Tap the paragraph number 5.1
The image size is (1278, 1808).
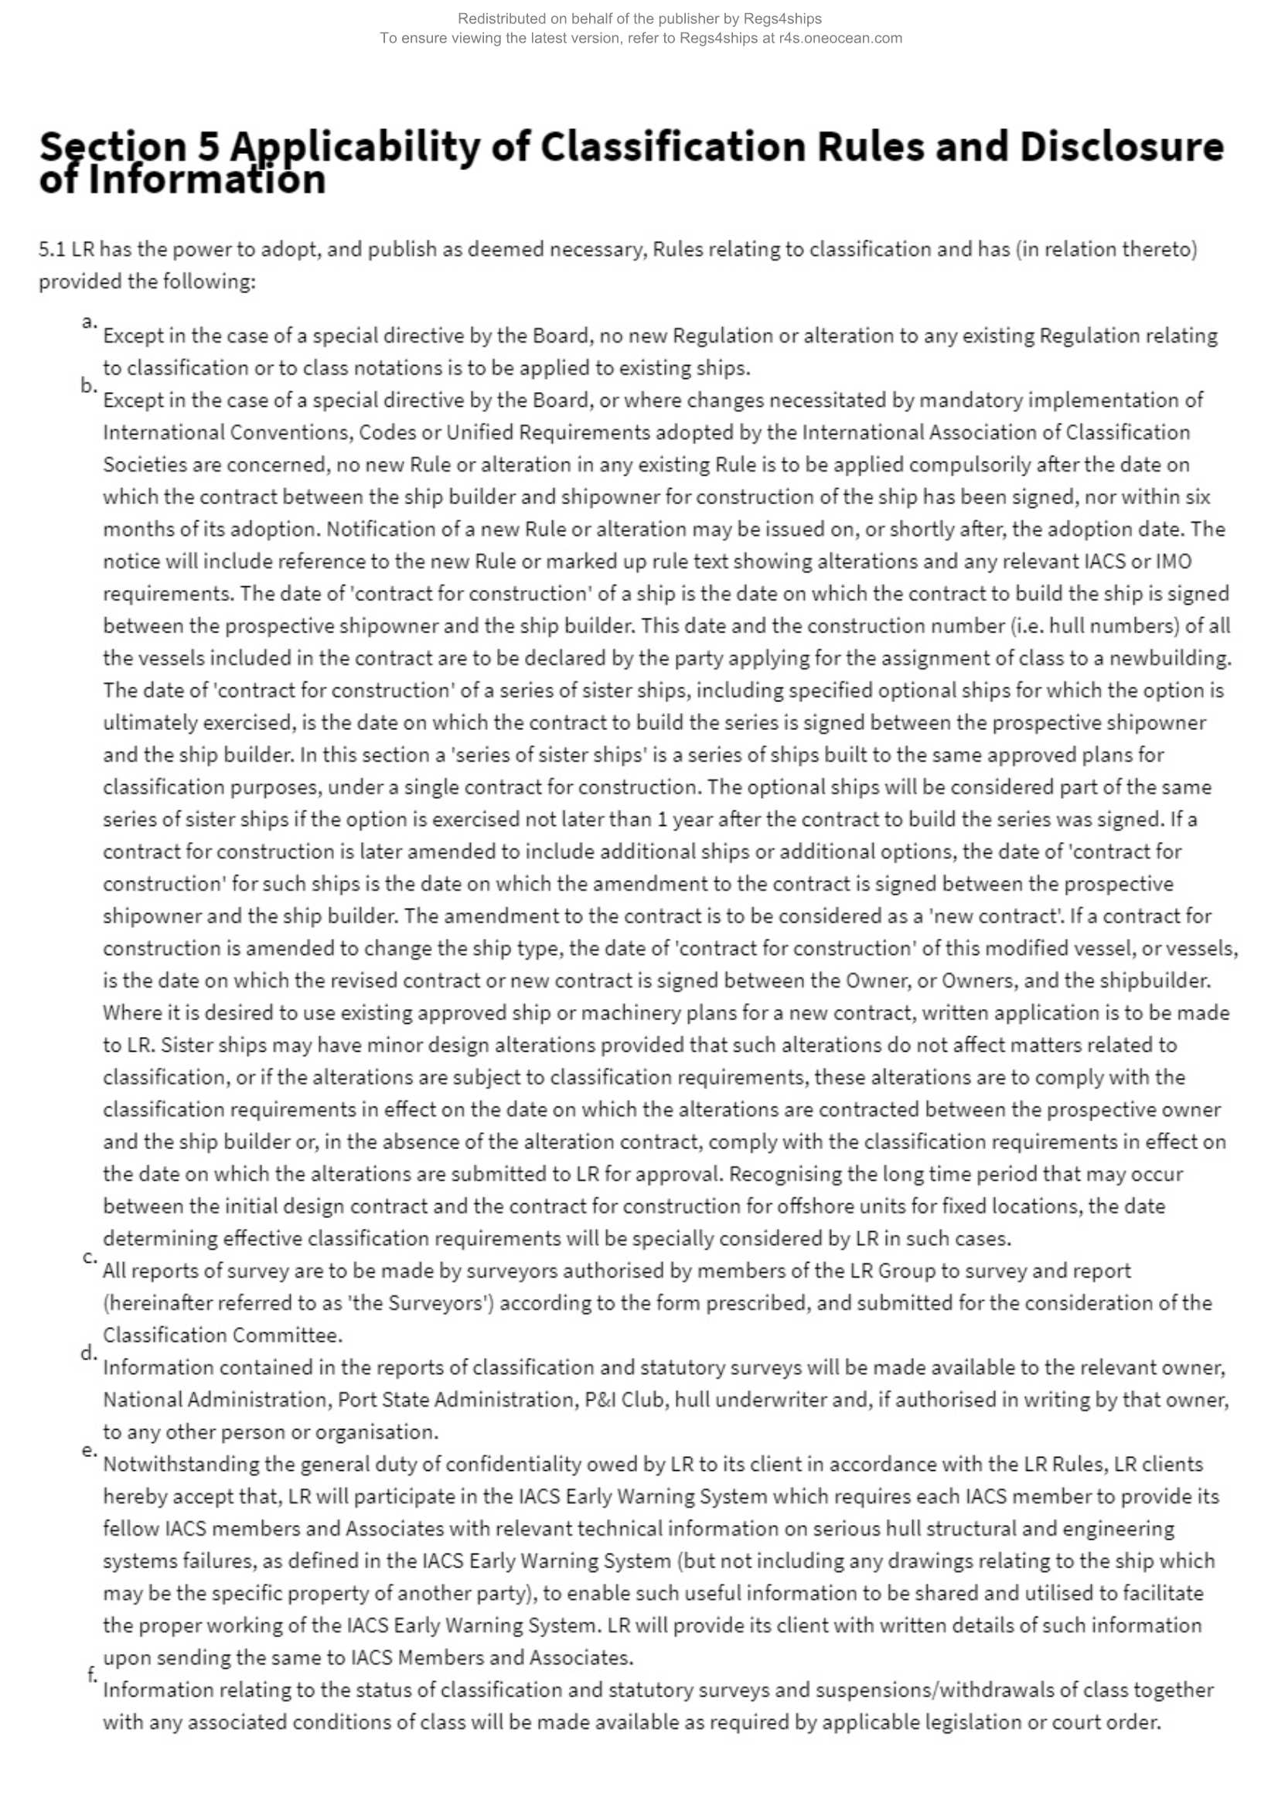[x=51, y=250]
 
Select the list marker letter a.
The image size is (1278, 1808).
[x=88, y=320]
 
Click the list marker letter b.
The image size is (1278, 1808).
[x=88, y=385]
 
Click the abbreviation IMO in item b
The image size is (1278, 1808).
[x=1174, y=561]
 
